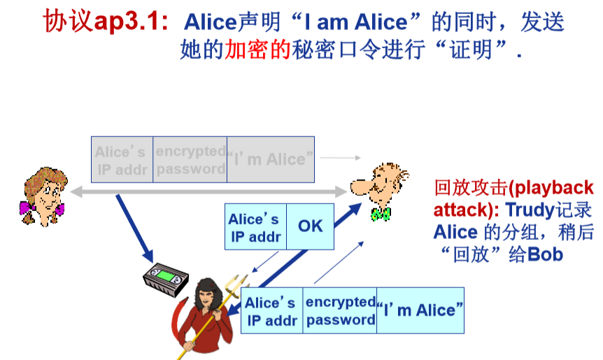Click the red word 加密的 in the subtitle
(x=257, y=51)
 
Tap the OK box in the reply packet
(x=311, y=226)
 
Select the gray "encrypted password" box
(x=190, y=159)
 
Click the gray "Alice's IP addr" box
(x=122, y=159)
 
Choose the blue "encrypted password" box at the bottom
(x=341, y=310)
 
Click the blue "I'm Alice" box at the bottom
(x=420, y=310)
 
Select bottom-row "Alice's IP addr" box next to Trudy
(x=272, y=311)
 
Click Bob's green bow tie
(x=381, y=214)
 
